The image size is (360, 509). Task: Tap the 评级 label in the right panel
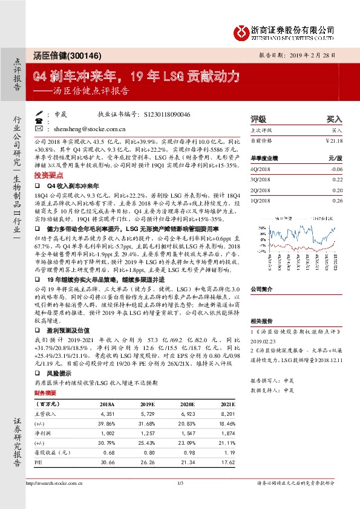pos(259,120)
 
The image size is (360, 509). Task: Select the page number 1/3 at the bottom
pos(180,501)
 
